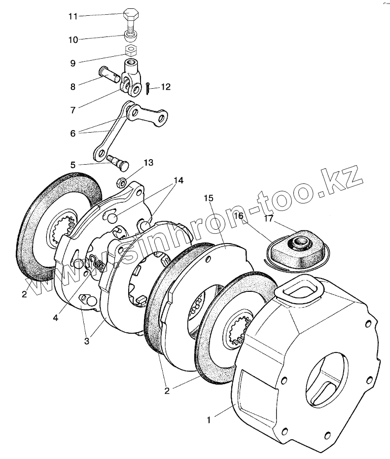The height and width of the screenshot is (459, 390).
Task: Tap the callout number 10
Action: coord(73,40)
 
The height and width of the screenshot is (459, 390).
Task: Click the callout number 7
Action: coord(73,110)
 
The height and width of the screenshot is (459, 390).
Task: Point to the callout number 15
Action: coord(209,198)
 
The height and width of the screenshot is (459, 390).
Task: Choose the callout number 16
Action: coord(239,216)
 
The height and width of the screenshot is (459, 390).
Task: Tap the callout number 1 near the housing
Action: coord(209,420)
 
